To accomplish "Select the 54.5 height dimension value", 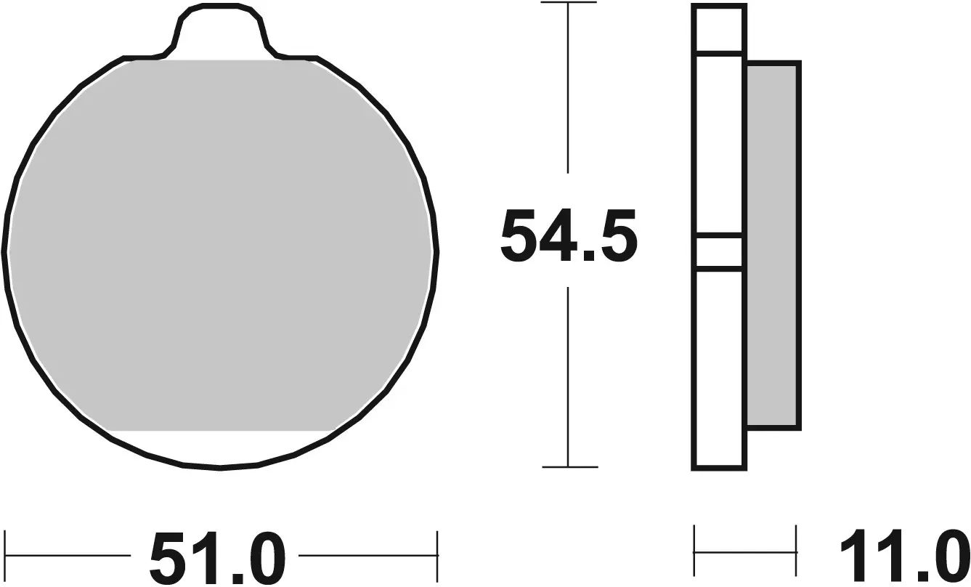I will [x=568, y=236].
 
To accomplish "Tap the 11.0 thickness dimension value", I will [x=905, y=558].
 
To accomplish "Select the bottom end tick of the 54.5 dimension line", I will [x=569, y=466].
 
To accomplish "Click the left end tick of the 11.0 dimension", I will [x=695, y=552].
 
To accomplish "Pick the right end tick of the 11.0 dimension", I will [x=797, y=552].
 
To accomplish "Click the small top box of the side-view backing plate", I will [x=719, y=29].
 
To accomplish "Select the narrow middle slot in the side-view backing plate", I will [x=719, y=253].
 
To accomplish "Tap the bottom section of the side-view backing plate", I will [x=719, y=367].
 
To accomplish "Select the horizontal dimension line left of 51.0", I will [x=69, y=556].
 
